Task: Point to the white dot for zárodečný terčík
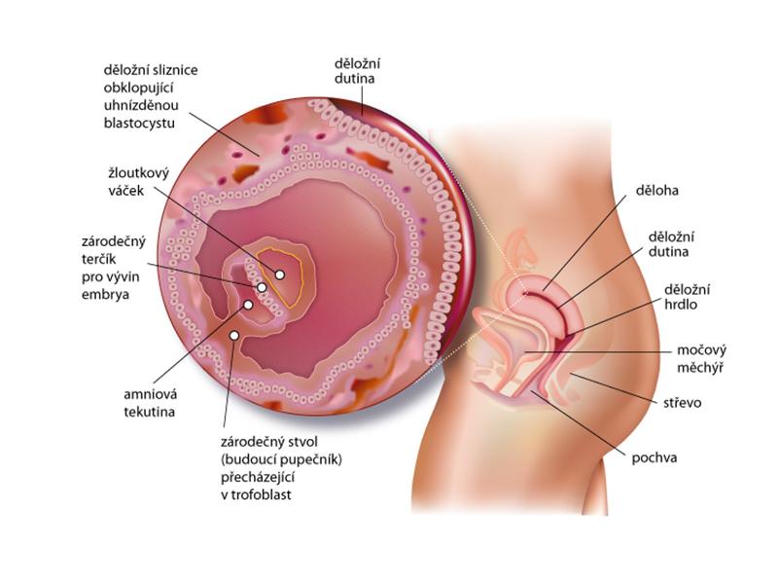click(262, 288)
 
